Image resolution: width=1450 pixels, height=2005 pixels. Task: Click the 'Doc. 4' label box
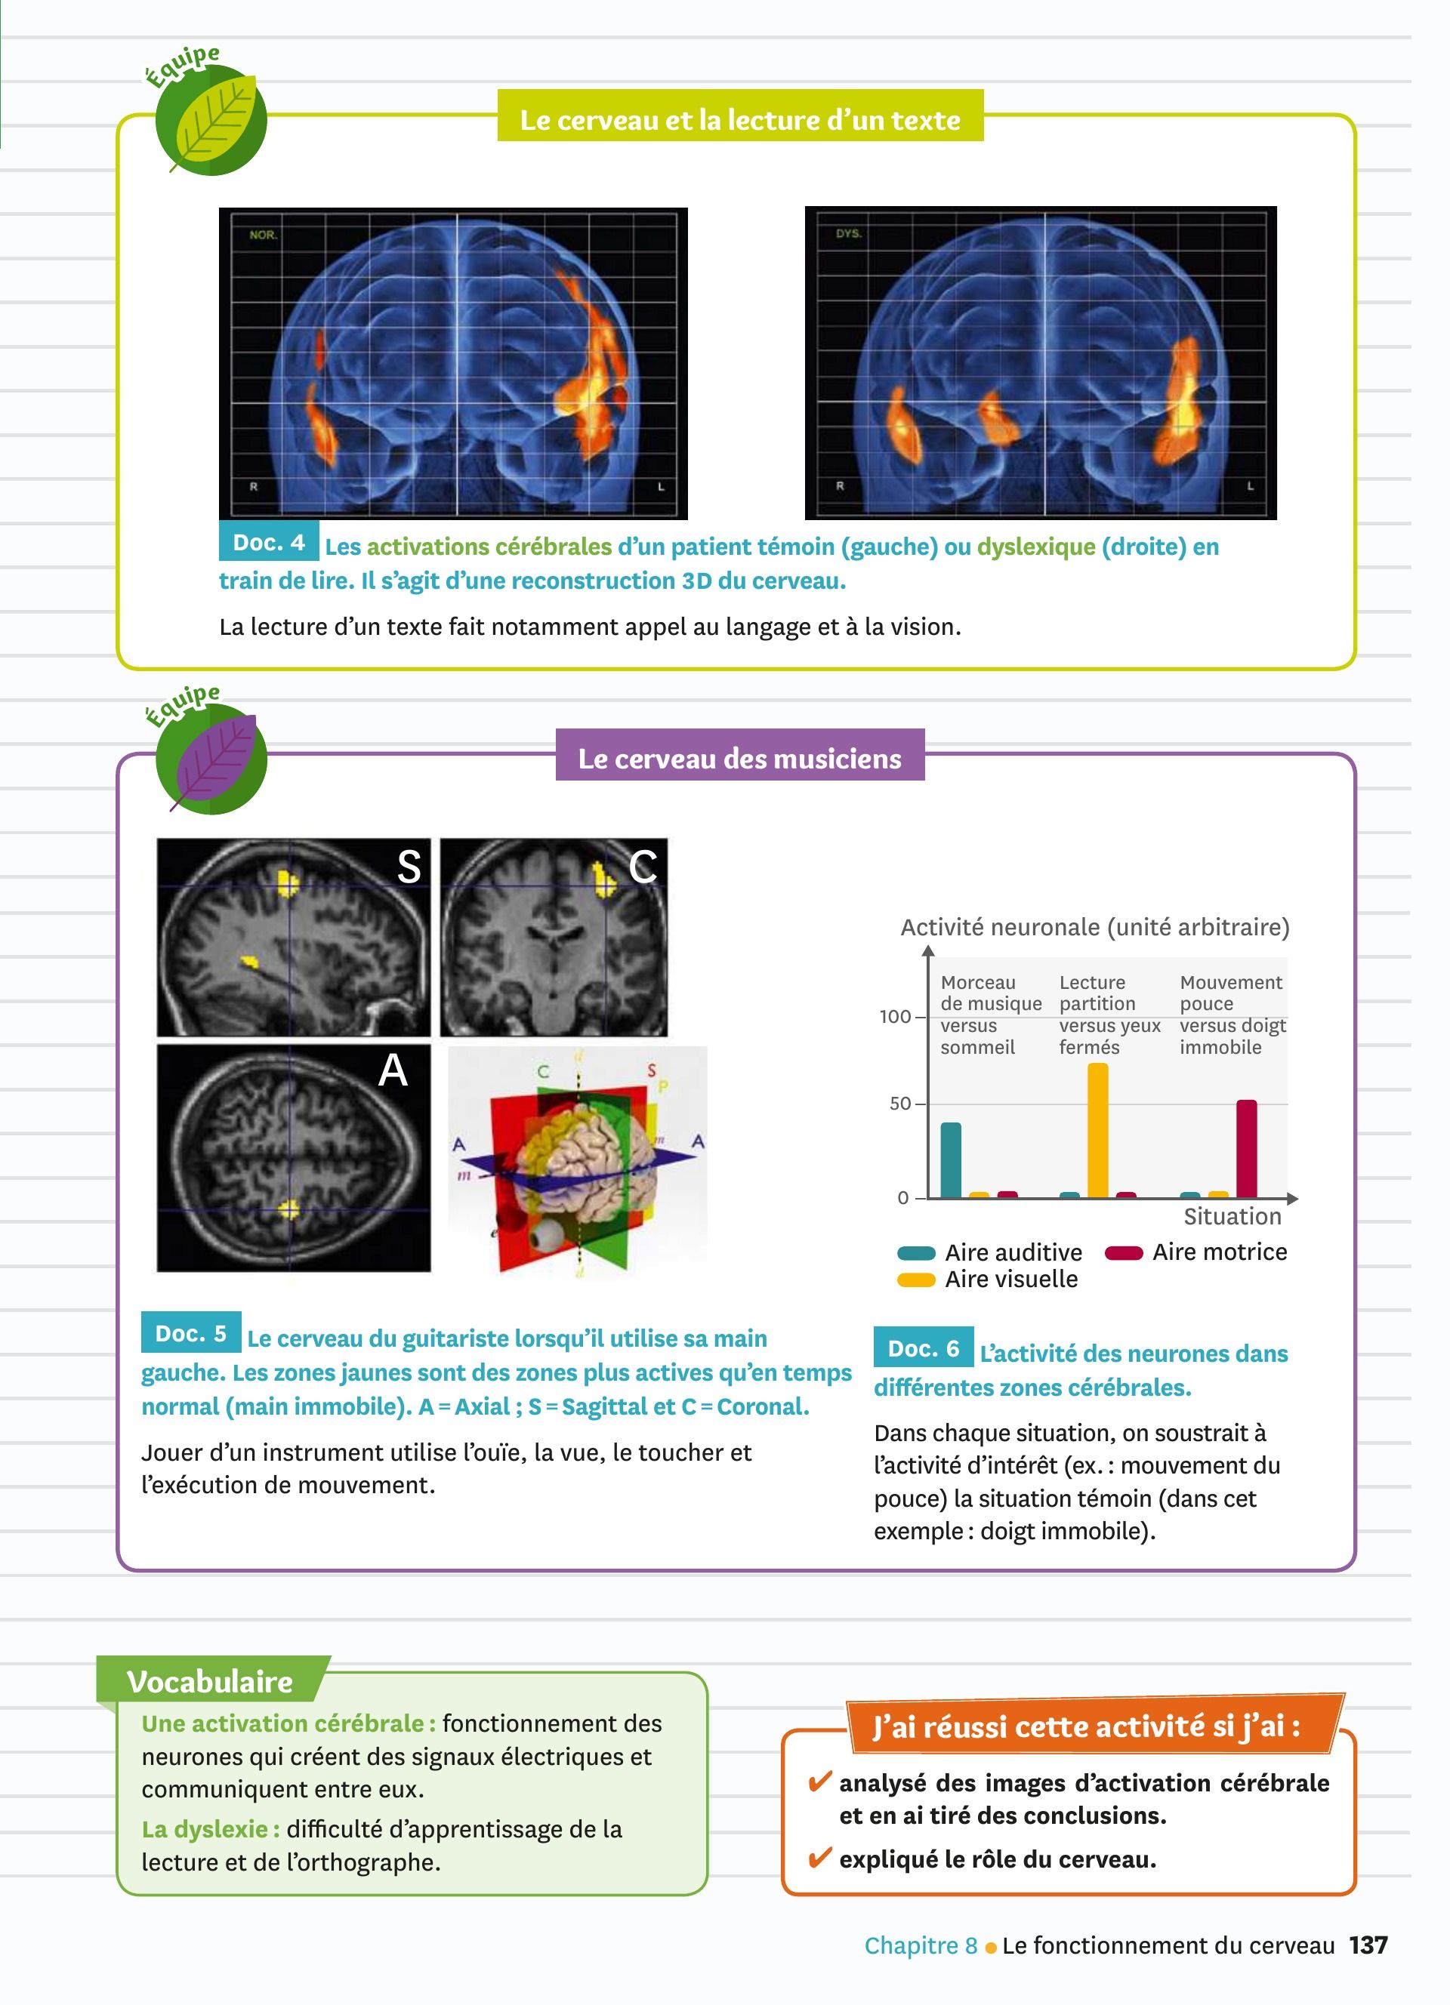[269, 542]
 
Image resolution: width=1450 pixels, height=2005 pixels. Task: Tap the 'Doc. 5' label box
[191, 1333]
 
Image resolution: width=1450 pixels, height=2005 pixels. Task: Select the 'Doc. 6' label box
[924, 1348]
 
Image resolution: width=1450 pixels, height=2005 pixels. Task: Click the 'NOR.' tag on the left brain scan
[264, 236]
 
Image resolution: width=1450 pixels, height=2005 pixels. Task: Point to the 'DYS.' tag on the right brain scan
[849, 233]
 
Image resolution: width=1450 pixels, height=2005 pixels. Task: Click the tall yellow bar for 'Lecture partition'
[1097, 1131]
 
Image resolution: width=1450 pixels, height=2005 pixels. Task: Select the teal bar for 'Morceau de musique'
[951, 1160]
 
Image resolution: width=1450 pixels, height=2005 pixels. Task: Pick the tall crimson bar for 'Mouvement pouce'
[1247, 1149]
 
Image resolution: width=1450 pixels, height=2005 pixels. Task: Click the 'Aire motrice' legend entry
[1196, 1252]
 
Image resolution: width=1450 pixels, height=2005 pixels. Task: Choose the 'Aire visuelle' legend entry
[988, 1280]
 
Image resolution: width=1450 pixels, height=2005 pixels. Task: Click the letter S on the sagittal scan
[409, 867]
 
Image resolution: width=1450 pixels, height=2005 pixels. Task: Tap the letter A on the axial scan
[393, 1070]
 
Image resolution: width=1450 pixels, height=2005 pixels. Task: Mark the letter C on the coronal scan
[643, 867]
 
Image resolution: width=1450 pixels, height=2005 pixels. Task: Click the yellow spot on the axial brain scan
[288, 1209]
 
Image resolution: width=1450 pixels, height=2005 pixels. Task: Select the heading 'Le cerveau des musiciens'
[740, 759]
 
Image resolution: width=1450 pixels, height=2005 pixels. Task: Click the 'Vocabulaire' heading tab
[209, 1681]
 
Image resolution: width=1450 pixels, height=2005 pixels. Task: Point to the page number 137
[1368, 1945]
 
